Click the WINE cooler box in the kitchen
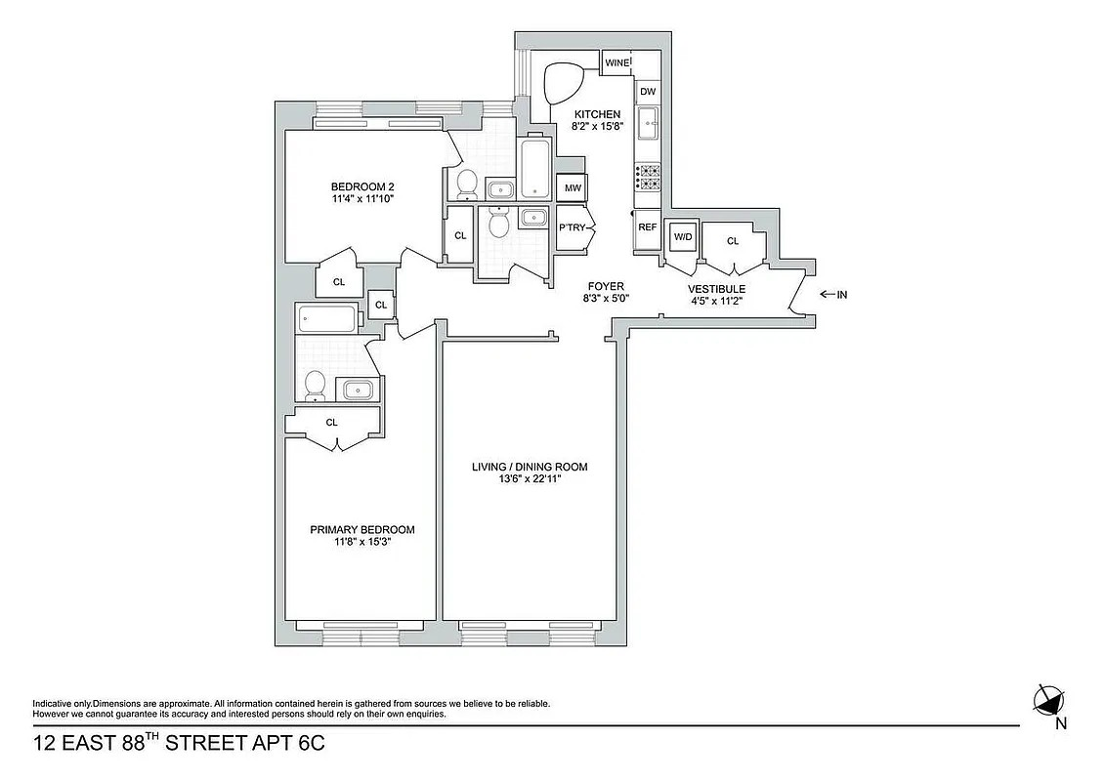click(616, 63)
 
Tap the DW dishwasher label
click(647, 92)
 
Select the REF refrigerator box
click(647, 226)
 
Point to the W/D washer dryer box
click(681, 235)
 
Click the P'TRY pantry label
click(572, 227)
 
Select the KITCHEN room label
click(597, 114)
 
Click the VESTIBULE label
click(716, 289)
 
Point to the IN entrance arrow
click(832, 294)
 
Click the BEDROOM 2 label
click(361, 187)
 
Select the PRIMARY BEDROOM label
click(361, 530)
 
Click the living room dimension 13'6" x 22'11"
click(530, 481)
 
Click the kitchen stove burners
click(647, 176)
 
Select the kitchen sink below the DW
click(648, 124)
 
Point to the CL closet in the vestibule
click(732, 240)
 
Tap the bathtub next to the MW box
click(535, 169)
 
